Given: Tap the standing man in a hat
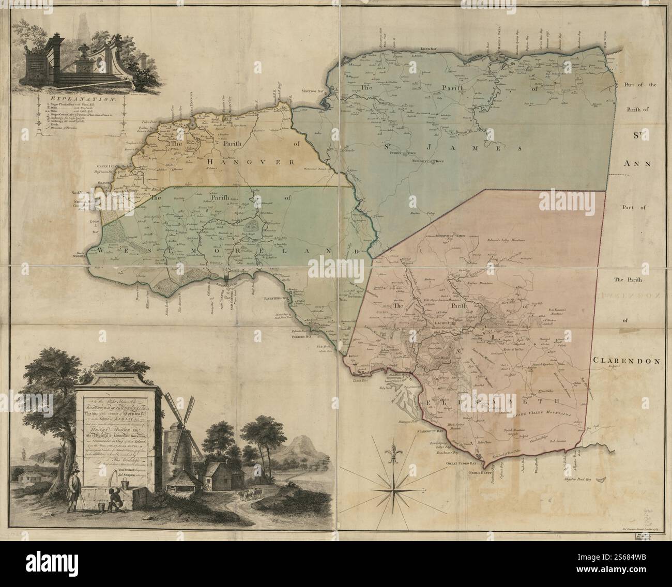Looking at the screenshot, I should pos(74,488).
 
